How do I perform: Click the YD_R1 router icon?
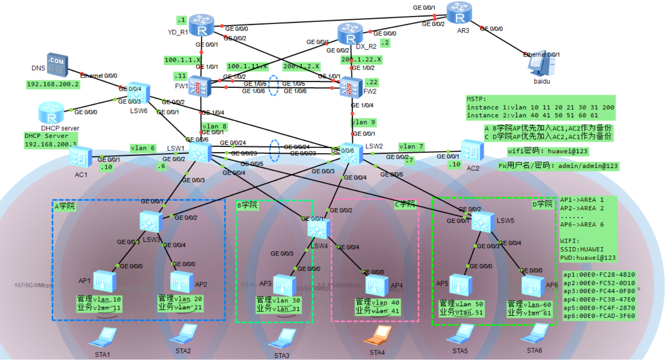pyautogui.click(x=201, y=25)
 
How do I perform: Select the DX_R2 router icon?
pyautogui.click(x=350, y=34)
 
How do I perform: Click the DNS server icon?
pyautogui.click(x=57, y=65)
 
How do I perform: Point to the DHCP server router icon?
pyautogui.click(x=51, y=113)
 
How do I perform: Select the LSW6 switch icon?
pyautogui.click(x=139, y=93)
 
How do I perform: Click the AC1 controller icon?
pyautogui.click(x=81, y=158)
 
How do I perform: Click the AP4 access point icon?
pyautogui.click(x=376, y=286)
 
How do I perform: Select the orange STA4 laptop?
pyautogui.click(x=378, y=336)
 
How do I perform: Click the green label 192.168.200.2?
pyautogui.click(x=53, y=84)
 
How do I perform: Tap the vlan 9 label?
pyautogui.click(x=363, y=122)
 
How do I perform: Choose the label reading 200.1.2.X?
pyautogui.click(x=301, y=66)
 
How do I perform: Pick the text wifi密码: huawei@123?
pyautogui.click(x=547, y=151)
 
